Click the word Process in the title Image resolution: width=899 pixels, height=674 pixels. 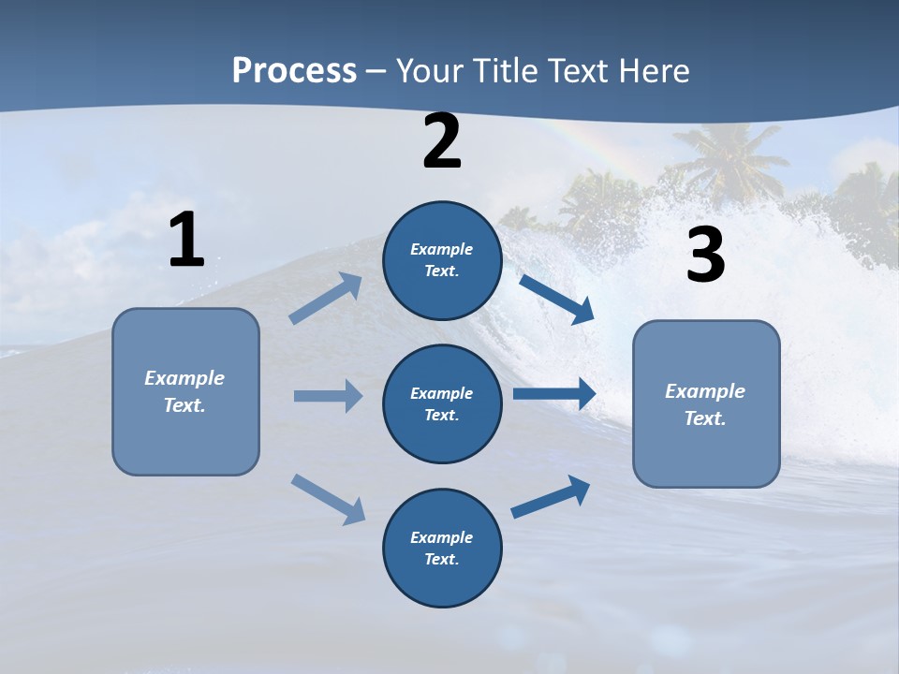(x=294, y=71)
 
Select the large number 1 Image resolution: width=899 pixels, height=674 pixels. (x=186, y=241)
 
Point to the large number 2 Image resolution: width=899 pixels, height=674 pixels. (x=442, y=142)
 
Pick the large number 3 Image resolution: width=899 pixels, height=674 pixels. (x=705, y=256)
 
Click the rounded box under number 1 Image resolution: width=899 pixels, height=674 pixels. (x=185, y=391)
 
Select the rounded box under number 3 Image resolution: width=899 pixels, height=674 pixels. (x=706, y=404)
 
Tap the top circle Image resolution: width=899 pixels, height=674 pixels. (x=442, y=260)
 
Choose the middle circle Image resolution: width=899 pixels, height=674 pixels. (x=442, y=404)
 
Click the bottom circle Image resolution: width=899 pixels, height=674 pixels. (x=442, y=548)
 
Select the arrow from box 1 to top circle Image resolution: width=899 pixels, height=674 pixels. (x=326, y=298)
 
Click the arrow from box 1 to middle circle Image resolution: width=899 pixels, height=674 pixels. (x=327, y=396)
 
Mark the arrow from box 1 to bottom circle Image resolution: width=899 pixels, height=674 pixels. (x=328, y=499)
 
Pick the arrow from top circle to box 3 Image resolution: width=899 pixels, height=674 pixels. (x=556, y=299)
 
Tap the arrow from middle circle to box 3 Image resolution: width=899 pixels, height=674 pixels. (x=554, y=394)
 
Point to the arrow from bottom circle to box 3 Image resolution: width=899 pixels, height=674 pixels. (x=551, y=497)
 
